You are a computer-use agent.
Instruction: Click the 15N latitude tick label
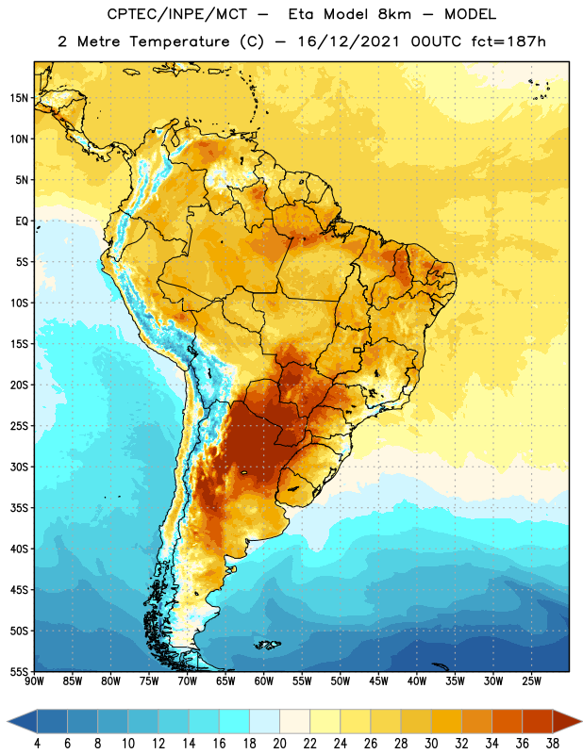point(19,98)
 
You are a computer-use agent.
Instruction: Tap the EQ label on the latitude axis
point(22,221)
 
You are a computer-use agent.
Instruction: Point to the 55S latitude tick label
point(19,671)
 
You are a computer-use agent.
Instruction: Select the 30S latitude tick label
point(19,467)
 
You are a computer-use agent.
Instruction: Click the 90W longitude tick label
point(34,681)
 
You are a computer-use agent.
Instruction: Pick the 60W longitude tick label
point(264,681)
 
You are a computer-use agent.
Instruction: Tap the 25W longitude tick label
point(531,681)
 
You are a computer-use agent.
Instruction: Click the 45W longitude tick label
point(378,681)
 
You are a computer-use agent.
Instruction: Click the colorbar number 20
point(279,744)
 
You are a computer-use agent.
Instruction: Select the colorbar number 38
point(553,744)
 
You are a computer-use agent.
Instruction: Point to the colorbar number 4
point(37,744)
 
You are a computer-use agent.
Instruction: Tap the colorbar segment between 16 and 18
point(235,721)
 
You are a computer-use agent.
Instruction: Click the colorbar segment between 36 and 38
point(538,721)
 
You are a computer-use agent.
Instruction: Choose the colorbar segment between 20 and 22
point(295,721)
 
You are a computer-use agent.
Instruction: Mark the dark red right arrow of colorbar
point(566,721)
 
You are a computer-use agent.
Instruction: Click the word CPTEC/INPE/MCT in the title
point(176,14)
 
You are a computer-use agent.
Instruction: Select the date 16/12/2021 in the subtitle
point(348,41)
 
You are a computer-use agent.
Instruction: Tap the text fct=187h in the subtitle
point(508,41)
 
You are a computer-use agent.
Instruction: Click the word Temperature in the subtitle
point(179,41)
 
